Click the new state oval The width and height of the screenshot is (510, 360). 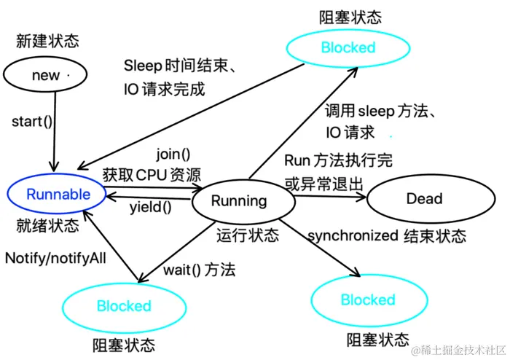tap(46, 75)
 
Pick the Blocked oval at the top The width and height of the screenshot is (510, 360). tap(348, 48)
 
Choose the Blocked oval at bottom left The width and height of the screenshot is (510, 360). tap(124, 306)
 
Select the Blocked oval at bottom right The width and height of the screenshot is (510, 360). tap(368, 300)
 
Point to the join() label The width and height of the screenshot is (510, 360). tap(173, 154)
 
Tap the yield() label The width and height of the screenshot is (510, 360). tap(150, 207)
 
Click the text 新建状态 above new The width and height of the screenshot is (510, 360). tap(47, 41)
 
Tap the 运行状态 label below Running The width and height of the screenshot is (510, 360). tap(248, 235)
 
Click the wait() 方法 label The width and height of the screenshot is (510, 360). tap(199, 270)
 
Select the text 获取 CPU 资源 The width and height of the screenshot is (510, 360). tap(152, 174)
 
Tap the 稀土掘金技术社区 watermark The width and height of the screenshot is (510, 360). tap(457, 350)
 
